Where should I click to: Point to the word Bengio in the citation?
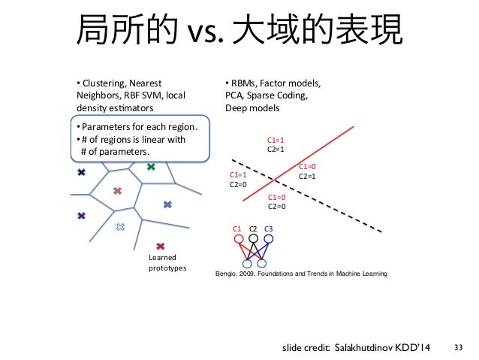[227, 274]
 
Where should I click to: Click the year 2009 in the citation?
[252, 274]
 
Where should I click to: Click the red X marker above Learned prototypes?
[161, 246]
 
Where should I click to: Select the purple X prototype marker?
[81, 216]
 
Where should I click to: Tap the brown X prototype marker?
[117, 192]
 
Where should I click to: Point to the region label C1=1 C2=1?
[276, 144]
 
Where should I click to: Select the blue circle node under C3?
[268, 240]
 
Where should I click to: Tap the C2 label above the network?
[254, 228]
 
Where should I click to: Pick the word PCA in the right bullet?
[233, 95]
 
